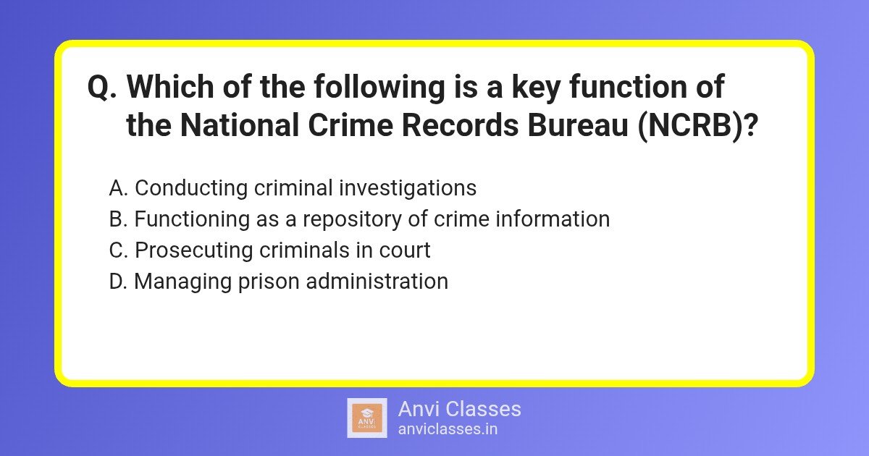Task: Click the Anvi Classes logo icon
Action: click(367, 418)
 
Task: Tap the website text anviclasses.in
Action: click(448, 428)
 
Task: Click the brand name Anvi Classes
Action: click(459, 409)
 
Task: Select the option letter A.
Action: click(118, 188)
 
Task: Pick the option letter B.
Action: click(118, 219)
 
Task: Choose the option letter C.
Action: click(118, 250)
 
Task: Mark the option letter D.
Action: click(118, 282)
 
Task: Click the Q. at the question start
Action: click(103, 88)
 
